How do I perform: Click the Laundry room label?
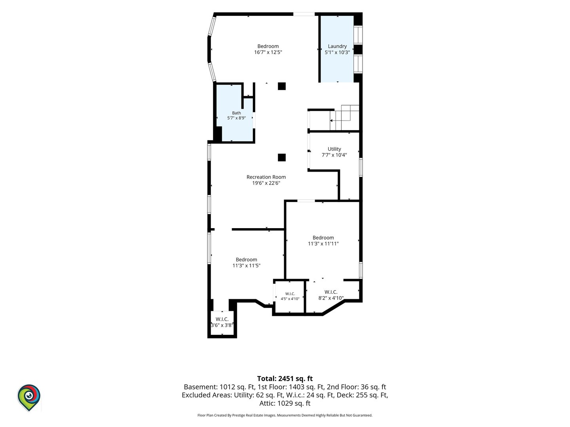point(337,46)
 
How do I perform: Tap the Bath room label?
point(236,113)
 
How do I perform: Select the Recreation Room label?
point(266,177)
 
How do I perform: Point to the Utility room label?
point(334,149)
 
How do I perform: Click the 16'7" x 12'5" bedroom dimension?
point(268,52)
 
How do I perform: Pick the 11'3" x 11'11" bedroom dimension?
point(323,244)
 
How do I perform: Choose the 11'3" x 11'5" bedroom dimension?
point(246,265)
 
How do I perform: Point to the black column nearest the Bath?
point(282,86)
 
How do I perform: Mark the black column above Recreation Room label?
point(282,157)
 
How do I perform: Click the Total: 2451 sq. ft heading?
point(285,378)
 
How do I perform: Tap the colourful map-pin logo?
point(29,397)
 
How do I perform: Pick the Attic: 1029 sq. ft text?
point(285,403)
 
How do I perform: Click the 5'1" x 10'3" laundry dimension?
point(337,52)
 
